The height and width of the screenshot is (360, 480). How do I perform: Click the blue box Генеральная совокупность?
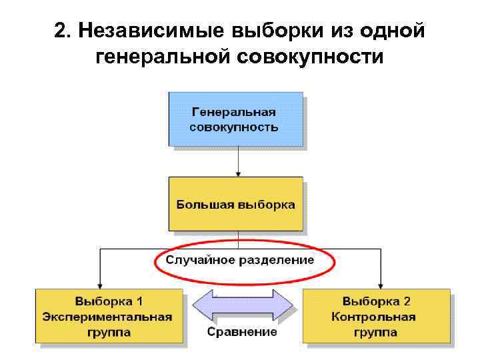coord(235,119)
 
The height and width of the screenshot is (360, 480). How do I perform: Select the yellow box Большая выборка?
coord(235,204)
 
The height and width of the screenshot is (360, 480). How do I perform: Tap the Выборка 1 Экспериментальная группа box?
coord(109,315)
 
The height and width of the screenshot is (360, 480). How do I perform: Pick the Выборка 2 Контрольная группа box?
coord(376,315)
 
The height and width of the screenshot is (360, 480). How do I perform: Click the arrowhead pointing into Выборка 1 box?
coord(100,283)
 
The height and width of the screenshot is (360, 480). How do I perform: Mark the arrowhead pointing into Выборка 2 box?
coord(381,283)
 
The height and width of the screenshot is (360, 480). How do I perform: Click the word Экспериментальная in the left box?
coord(109,317)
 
